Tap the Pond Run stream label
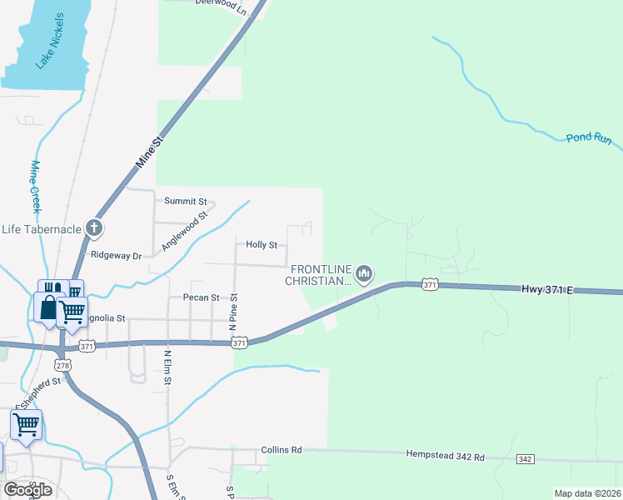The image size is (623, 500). click(x=590, y=137)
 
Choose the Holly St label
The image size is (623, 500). click(x=261, y=245)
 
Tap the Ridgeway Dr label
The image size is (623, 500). click(x=117, y=255)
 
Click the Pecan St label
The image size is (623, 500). click(x=201, y=297)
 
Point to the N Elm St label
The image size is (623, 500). click(x=167, y=367)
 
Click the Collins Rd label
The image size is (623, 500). click(x=281, y=450)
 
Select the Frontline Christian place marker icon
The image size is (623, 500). click(x=364, y=273)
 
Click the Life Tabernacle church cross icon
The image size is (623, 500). click(x=95, y=227)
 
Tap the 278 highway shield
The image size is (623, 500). click(x=62, y=365)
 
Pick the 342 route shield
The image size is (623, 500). click(x=525, y=459)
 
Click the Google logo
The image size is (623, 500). click(x=28, y=490)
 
